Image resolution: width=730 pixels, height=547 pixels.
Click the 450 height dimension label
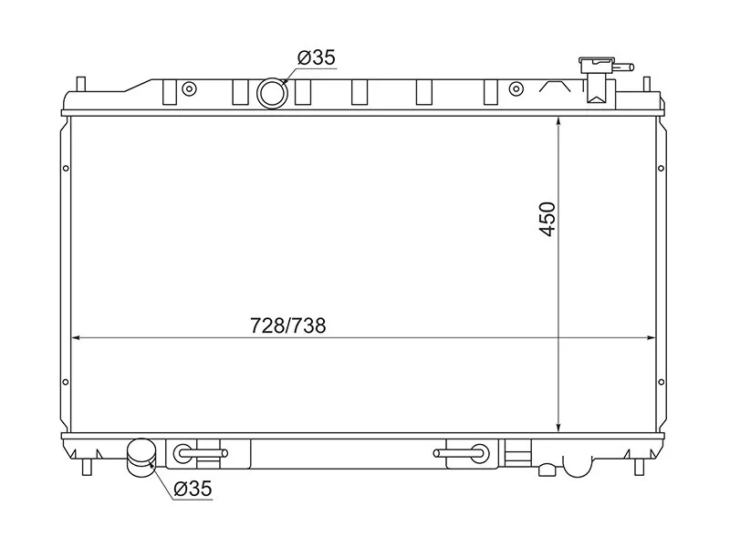point(547,219)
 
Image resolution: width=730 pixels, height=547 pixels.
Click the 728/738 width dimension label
point(288,325)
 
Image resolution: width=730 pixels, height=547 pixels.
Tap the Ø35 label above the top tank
point(317,57)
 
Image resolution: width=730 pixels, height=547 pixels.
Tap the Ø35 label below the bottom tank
point(193,489)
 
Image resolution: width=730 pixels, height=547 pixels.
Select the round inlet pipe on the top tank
point(272,93)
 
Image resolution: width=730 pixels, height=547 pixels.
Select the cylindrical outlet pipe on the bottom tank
point(141,458)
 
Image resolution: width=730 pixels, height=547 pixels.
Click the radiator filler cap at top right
point(597,64)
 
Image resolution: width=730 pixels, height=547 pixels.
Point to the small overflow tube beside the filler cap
point(624,67)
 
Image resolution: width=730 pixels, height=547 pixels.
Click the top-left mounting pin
point(81,84)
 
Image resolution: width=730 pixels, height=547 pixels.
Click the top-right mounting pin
point(647,84)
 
